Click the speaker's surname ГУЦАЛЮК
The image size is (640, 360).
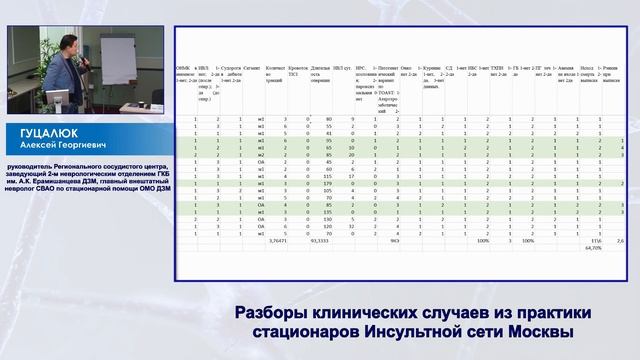(46, 131)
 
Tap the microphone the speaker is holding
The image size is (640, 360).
(89, 59)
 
